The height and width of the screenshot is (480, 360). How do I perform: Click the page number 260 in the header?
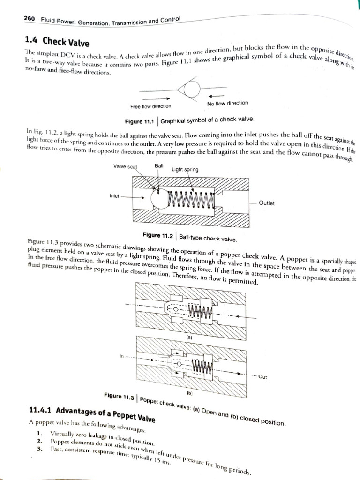coord(29,19)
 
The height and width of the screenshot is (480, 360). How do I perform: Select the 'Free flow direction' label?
coord(151,106)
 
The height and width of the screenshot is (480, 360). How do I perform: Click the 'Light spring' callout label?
coord(185,169)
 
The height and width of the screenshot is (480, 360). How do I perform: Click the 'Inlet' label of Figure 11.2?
coord(114,195)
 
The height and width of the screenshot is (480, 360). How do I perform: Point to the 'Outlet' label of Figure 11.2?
coord(266,203)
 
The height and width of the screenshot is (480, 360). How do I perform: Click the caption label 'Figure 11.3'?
coord(119,396)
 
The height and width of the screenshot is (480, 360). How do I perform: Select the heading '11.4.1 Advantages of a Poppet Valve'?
coord(92,413)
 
